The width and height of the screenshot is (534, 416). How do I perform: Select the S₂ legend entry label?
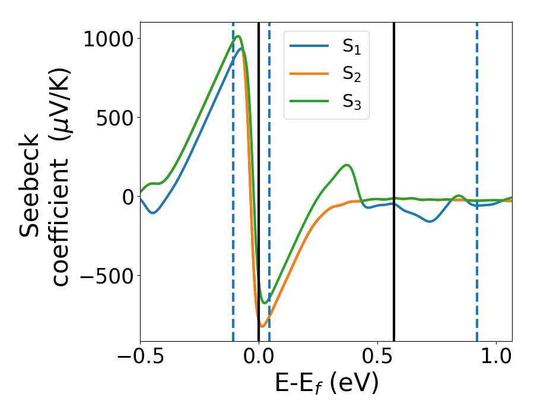click(352, 74)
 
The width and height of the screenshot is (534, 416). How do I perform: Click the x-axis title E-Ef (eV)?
click(326, 384)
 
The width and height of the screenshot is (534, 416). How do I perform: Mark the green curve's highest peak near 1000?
click(238, 36)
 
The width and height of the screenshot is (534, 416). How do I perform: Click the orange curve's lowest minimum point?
click(262, 326)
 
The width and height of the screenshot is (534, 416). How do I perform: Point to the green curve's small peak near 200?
click(348, 165)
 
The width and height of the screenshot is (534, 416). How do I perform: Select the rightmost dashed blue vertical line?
click(476, 178)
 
